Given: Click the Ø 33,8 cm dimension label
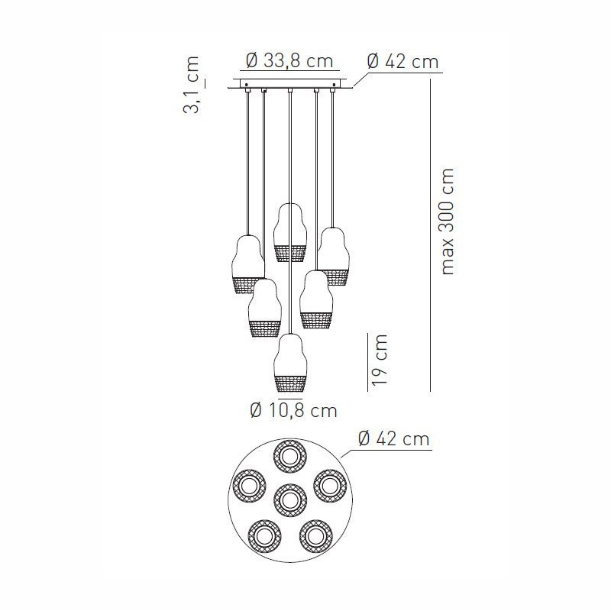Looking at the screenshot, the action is pos(290,61).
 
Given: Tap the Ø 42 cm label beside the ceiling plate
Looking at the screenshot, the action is pos(403,62).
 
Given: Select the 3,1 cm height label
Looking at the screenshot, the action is pos(192,85).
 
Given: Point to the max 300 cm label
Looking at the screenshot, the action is pos(448,221).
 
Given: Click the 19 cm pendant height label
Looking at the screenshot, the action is pos(380,359).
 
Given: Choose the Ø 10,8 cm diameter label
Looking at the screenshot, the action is pos(293,410).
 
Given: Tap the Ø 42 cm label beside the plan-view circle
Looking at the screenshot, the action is pos(393,438).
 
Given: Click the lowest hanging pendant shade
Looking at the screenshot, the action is pos(291,363).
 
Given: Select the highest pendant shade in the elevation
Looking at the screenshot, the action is pos(289,233).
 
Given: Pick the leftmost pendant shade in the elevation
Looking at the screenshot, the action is pos(247,264).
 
